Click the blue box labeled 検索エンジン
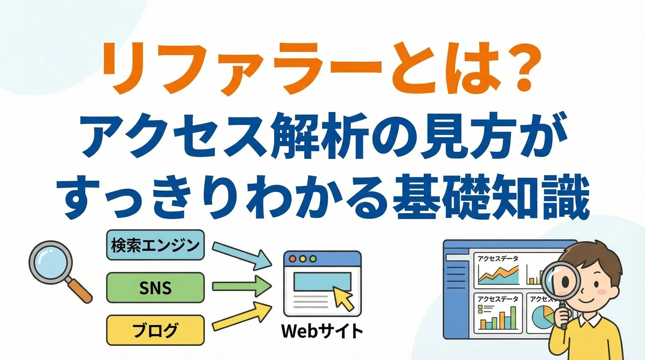(154, 246)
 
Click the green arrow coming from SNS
(242, 287)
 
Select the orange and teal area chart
(499, 275)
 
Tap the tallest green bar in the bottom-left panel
(512, 316)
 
